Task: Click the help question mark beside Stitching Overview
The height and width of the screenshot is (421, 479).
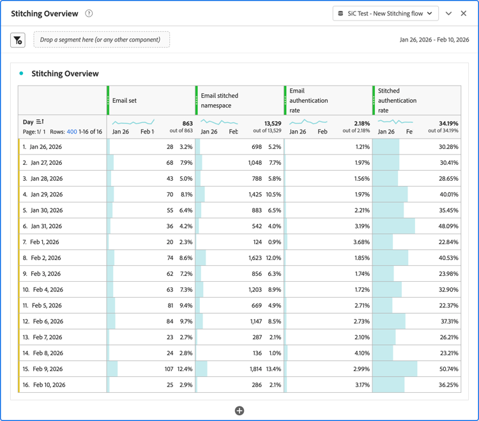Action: click(x=89, y=13)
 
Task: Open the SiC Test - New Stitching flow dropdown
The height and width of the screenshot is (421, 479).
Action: click(x=385, y=13)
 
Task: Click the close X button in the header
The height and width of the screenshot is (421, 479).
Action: click(x=464, y=13)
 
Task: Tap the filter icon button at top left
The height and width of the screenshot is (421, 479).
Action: click(x=18, y=40)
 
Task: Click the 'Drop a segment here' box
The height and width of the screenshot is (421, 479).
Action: click(x=102, y=40)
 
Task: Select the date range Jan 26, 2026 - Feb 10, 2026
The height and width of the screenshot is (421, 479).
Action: click(x=434, y=40)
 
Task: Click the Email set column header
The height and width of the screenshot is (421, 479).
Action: click(x=125, y=100)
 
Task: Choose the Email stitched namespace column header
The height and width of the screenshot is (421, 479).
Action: click(x=220, y=100)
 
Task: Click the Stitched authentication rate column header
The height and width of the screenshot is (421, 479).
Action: click(x=397, y=100)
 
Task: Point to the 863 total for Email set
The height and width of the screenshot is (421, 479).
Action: click(x=187, y=123)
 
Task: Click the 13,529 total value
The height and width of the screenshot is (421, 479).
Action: click(x=273, y=123)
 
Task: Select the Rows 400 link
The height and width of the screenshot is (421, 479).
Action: click(x=72, y=132)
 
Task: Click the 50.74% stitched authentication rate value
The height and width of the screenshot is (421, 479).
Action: click(x=448, y=369)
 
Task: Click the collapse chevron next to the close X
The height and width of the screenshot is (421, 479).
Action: click(x=448, y=13)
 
